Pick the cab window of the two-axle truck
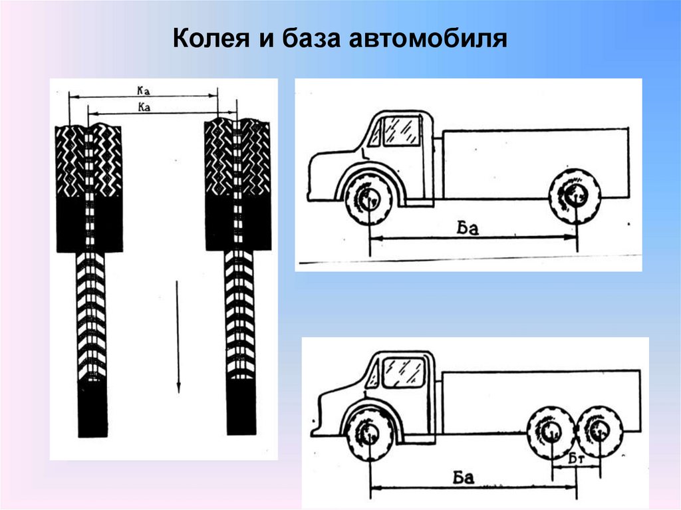402,130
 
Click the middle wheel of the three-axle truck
551,433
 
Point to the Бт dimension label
576,458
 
